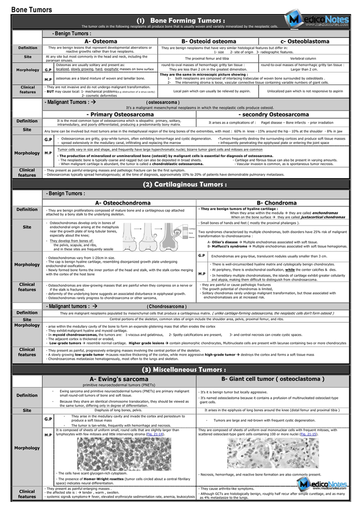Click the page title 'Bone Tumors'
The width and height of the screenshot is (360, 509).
32,9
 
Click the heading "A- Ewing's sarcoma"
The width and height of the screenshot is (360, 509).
119,379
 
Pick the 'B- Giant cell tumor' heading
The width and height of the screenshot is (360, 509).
273,379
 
